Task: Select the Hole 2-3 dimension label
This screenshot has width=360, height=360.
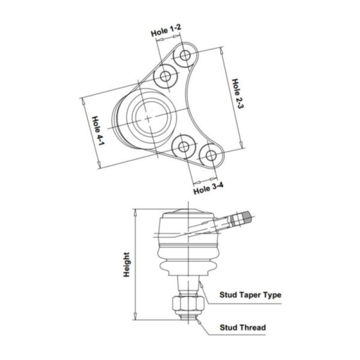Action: [x=237, y=99]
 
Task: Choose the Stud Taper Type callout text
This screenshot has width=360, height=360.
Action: [x=250, y=295]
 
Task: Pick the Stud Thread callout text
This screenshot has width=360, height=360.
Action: [x=243, y=327]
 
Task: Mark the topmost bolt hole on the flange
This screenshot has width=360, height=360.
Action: [x=185, y=56]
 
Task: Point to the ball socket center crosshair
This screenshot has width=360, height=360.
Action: [x=148, y=118]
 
